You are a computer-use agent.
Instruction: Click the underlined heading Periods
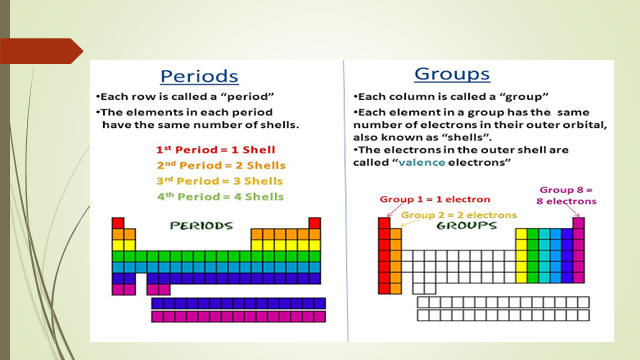(199, 76)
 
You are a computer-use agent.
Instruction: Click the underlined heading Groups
(452, 74)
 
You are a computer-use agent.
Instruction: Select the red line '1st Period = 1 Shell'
(216, 150)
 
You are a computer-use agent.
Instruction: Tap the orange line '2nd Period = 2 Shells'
(221, 165)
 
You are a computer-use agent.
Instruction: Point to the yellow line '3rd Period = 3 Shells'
(220, 181)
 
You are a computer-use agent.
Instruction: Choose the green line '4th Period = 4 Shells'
(220, 196)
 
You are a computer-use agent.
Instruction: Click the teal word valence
(422, 162)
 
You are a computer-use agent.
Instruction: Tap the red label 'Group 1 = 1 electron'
(435, 199)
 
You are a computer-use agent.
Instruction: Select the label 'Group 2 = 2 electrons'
(459, 215)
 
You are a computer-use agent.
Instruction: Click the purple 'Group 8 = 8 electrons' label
(566, 196)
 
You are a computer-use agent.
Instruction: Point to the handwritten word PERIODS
(201, 226)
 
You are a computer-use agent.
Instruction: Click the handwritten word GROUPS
(467, 226)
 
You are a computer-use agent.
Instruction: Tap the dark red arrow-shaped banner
(41, 51)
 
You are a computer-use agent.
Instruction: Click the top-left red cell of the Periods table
(118, 223)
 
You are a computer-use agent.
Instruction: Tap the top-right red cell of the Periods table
(315, 223)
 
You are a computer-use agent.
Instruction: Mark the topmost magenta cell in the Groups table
(578, 223)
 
